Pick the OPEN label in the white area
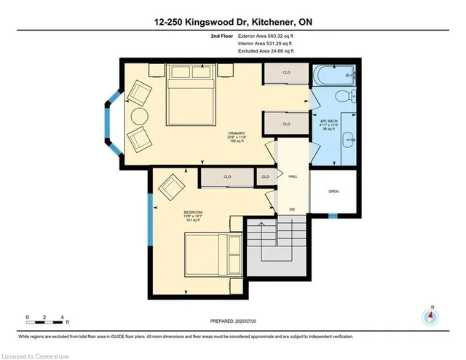(x=333, y=192)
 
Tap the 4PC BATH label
(x=329, y=120)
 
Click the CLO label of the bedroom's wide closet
(x=227, y=176)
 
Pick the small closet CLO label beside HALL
(x=265, y=176)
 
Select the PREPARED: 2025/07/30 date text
(x=239, y=320)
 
